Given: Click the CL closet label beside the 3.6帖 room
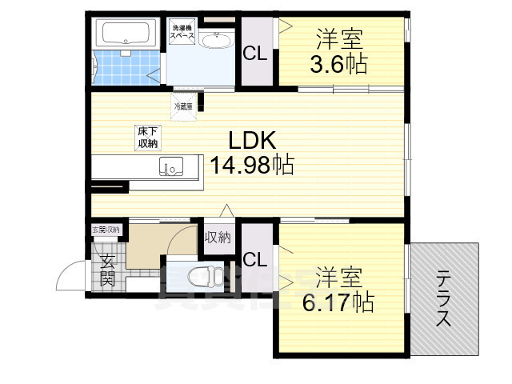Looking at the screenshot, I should point(256,55).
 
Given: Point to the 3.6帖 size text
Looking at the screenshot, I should point(339,65).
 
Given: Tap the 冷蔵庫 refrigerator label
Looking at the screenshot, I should point(183,105).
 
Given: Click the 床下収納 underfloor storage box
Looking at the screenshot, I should point(146,138).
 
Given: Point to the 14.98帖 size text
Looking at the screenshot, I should point(251,166).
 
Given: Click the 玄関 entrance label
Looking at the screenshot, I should point(107,269).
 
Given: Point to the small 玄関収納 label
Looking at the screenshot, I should point(105,230).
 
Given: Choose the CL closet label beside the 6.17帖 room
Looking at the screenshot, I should point(255,259).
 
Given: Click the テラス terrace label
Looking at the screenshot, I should point(442,298).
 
